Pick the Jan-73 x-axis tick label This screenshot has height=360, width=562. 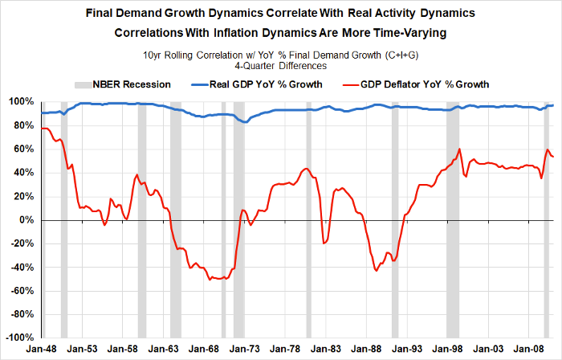point(246,350)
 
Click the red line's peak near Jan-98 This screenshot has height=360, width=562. point(459,149)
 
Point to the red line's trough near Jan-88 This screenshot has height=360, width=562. point(376,271)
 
